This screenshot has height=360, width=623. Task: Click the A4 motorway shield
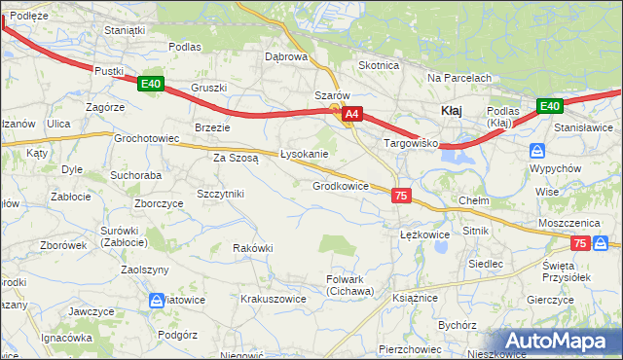(352, 114)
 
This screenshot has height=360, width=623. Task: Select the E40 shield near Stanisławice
(549, 105)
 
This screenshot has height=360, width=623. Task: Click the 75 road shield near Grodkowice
(401, 197)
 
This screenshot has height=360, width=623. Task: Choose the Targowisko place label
(412, 143)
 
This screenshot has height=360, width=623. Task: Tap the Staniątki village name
(124, 30)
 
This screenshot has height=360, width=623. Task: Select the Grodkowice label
(340, 186)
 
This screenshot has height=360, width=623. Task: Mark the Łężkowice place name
(424, 234)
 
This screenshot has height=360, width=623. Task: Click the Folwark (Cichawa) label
(349, 285)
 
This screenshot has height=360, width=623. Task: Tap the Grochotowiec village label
(147, 139)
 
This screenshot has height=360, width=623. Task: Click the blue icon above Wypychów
(536, 151)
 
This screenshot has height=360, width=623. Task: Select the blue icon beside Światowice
(158, 303)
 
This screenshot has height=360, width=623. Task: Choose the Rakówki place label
(253, 248)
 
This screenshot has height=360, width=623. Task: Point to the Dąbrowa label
(286, 56)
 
